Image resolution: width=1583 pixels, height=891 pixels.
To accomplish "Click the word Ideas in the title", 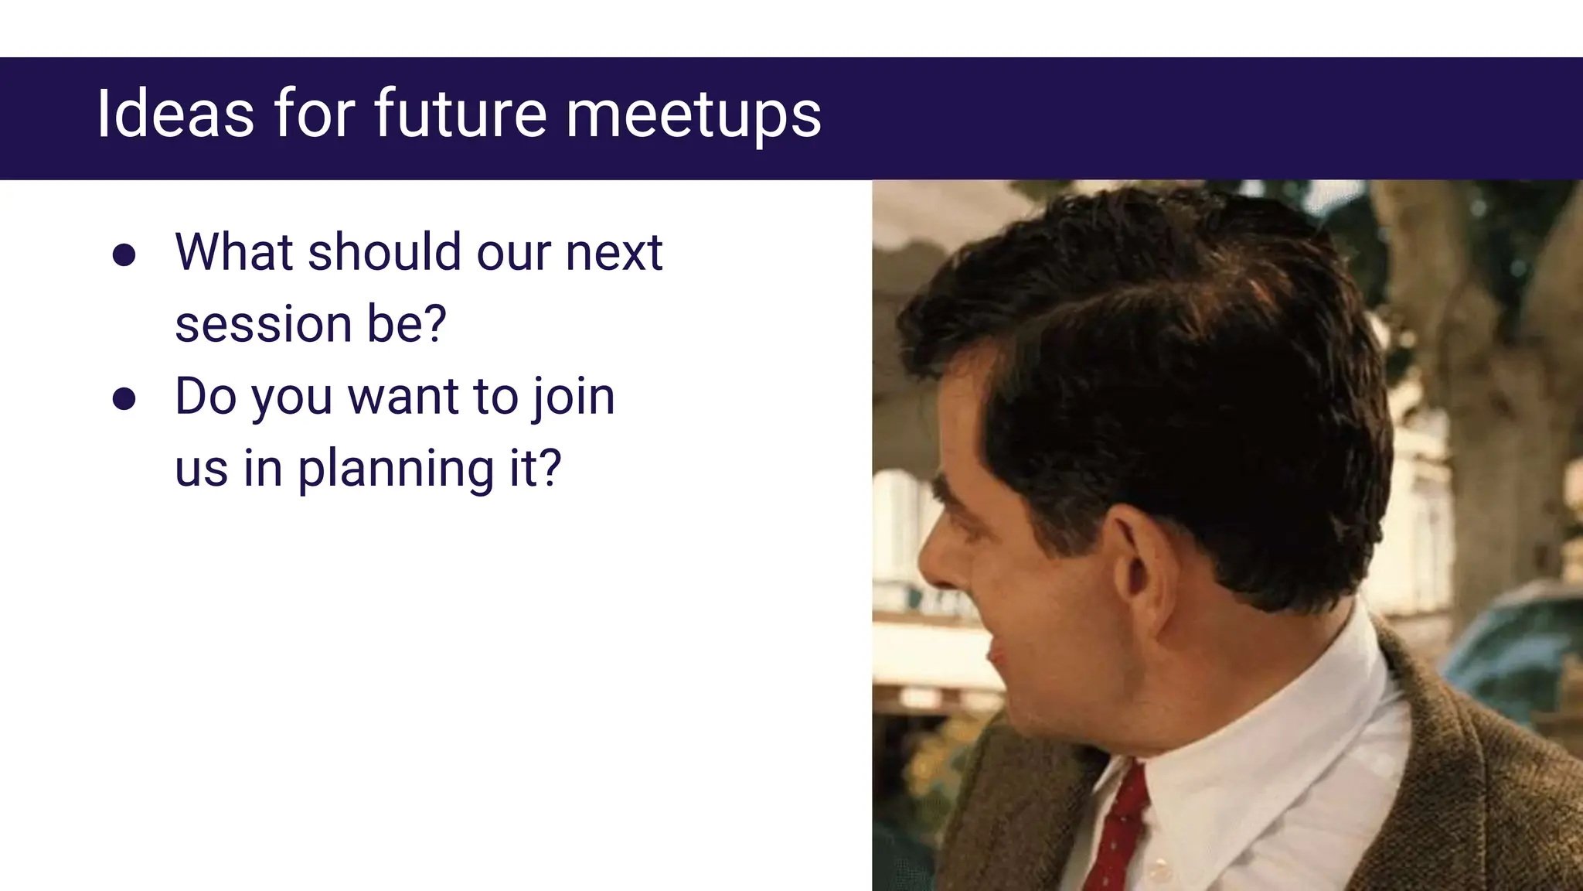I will tap(175, 114).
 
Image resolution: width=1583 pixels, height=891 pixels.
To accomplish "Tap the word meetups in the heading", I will tap(693, 115).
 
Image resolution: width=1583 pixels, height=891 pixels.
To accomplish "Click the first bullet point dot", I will tap(124, 255).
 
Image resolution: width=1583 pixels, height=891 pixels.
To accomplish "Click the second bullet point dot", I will tap(124, 399).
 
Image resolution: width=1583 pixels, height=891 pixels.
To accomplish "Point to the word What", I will tap(234, 252).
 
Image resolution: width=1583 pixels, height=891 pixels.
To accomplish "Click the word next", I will tap(614, 254).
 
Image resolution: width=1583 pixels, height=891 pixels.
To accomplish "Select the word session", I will tap(263, 324).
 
